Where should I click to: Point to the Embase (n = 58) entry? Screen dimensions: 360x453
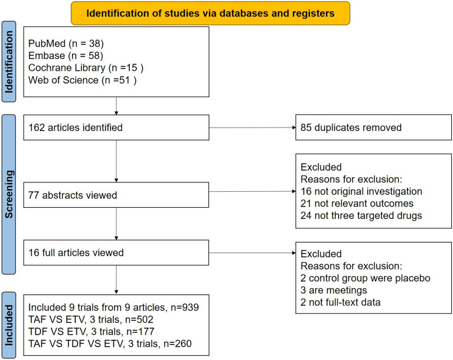click(x=56, y=56)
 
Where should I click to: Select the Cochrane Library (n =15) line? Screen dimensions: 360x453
click(x=74, y=68)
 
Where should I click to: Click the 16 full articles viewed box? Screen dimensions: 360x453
click(x=116, y=253)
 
